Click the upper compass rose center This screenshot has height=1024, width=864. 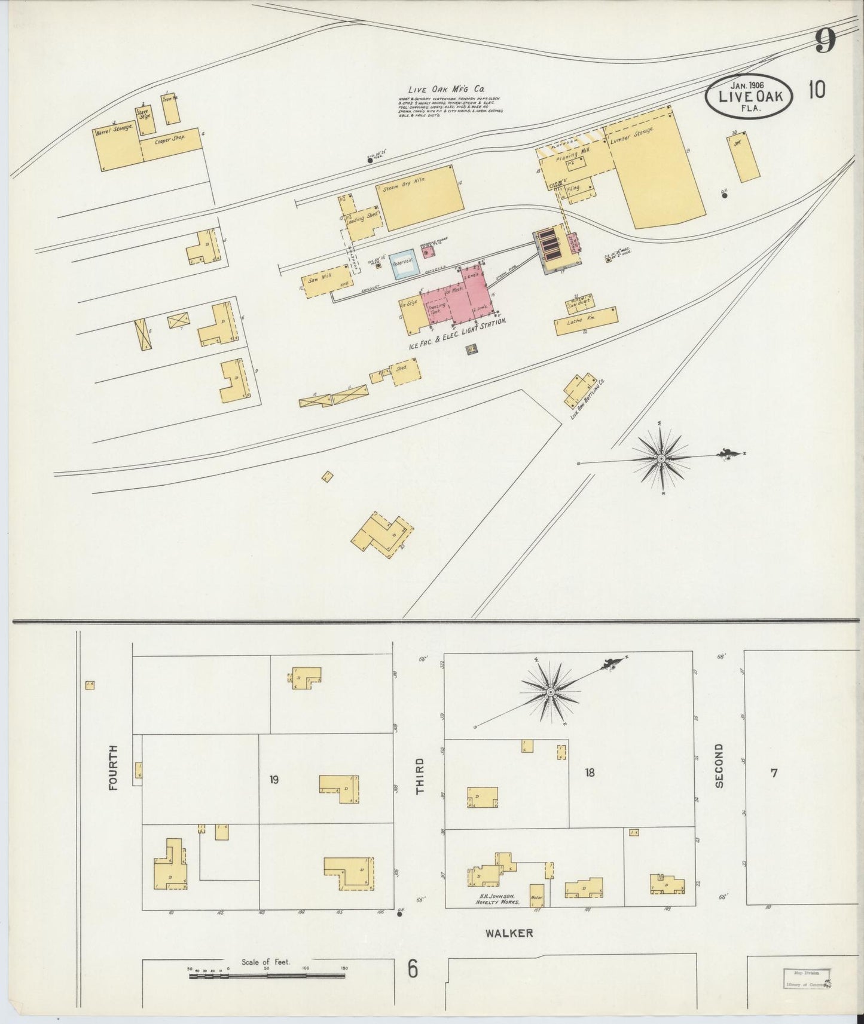[x=661, y=458]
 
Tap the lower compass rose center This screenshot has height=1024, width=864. [x=549, y=691]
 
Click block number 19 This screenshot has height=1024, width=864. [x=274, y=780]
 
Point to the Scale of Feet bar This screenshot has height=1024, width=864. [x=267, y=976]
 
